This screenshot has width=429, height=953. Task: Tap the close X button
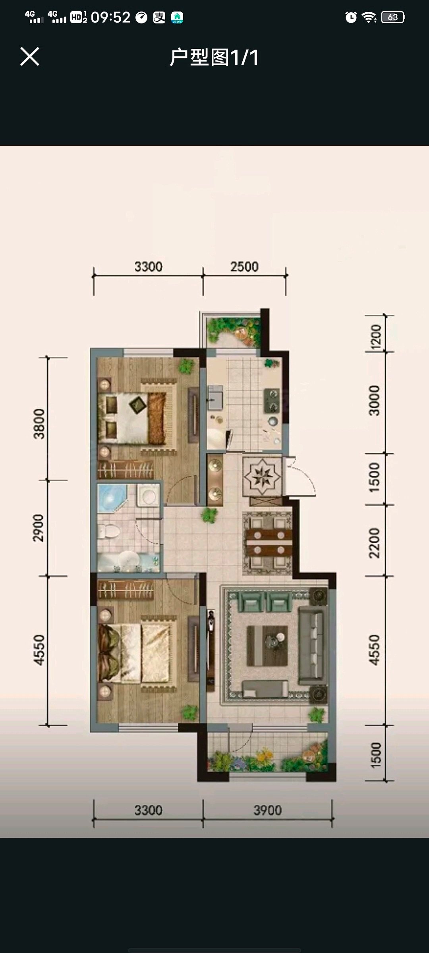pos(30,56)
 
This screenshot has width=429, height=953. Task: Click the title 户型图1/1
pos(214,57)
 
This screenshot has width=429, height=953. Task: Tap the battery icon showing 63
pos(393,17)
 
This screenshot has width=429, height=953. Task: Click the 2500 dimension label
pos(244,267)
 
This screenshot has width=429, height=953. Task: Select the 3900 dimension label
pos(267,810)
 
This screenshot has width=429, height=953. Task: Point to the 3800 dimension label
pos(39,424)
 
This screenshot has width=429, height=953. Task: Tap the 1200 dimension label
pos(376,337)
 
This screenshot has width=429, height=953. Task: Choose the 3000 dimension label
pos(374,400)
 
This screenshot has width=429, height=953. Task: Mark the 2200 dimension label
pos(374,543)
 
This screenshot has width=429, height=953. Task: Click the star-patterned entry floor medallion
pos(262,476)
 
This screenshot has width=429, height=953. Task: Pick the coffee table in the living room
pos(267,646)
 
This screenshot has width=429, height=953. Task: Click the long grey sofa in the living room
pos(313,645)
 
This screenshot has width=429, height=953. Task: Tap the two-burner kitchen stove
pos(272,401)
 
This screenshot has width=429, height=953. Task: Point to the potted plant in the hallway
pos(209,515)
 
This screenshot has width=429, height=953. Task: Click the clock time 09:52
pos(110,17)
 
